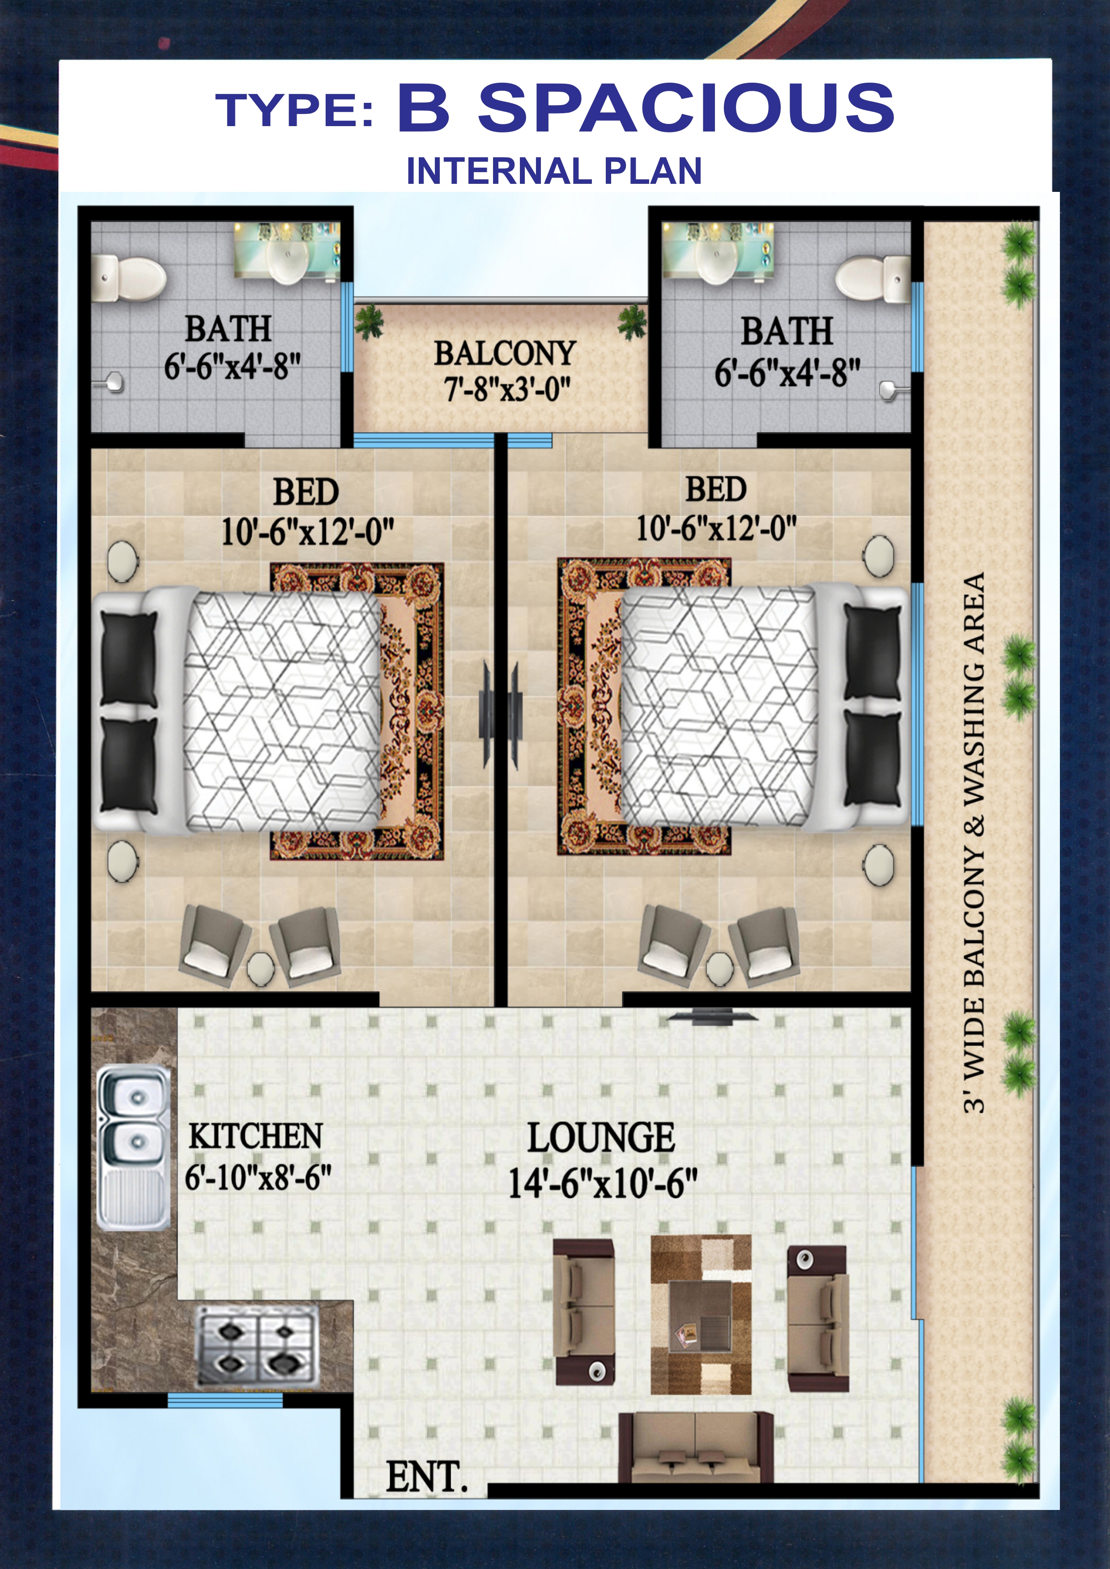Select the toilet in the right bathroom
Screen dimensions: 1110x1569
coord(873,279)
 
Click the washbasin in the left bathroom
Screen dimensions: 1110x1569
coord(287,257)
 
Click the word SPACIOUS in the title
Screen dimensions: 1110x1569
coord(686,107)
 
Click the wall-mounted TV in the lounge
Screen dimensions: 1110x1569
coord(712,1018)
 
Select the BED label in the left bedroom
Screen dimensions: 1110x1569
coord(306,492)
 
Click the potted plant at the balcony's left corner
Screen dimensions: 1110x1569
coord(369,321)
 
